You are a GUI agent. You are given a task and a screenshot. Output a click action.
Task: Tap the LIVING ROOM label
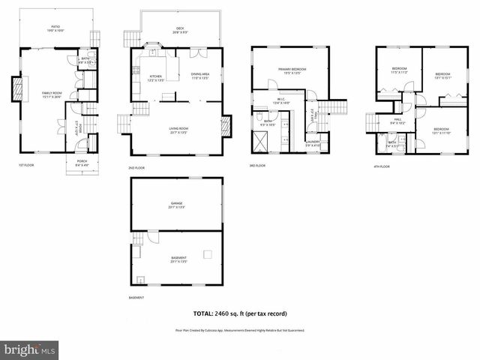(178, 130)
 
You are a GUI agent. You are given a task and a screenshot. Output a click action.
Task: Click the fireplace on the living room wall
(227, 126)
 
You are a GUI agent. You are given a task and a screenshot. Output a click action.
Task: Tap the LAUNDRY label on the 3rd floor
(313, 143)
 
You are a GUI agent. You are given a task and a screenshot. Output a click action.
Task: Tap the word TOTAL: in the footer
(207, 313)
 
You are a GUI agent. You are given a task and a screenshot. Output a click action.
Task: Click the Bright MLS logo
(29, 349)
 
